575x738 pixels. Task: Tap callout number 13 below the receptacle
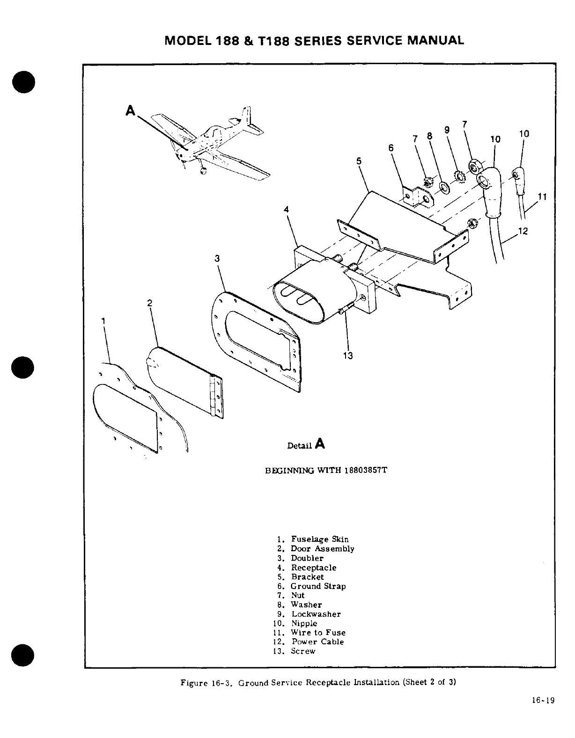tap(347, 356)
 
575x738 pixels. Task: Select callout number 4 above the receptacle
tap(286, 209)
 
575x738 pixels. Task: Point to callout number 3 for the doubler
tap(217, 258)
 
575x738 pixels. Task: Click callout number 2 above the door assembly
tap(150, 303)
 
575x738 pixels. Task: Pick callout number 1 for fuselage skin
tap(103, 321)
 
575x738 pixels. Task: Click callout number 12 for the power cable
tap(523, 231)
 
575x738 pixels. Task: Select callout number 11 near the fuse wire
tap(542, 197)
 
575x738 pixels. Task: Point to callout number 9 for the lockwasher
tap(447, 130)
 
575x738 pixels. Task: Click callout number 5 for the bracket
tap(359, 161)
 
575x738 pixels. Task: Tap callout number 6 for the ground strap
tap(391, 147)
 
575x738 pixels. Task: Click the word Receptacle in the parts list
tap(314, 568)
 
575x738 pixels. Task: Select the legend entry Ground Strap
tap(318, 586)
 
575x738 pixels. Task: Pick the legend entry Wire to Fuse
tap(318, 633)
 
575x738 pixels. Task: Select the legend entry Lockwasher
tap(316, 614)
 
